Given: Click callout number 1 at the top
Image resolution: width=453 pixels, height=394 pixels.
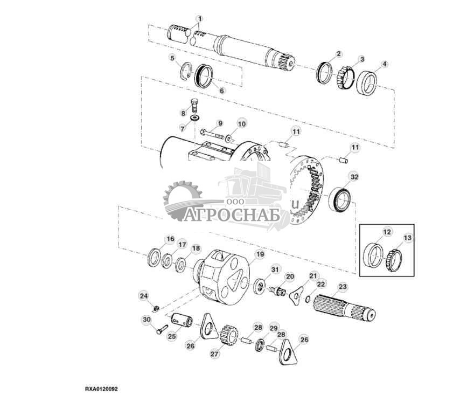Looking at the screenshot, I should click(199, 19).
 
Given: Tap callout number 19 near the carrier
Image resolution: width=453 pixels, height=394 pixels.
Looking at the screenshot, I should click(260, 254).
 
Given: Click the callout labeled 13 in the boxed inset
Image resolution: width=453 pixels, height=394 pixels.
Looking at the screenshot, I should click(407, 238).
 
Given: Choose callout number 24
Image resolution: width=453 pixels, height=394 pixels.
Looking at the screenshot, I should click(143, 295).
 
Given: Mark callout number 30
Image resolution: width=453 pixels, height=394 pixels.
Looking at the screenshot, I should click(147, 320).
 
